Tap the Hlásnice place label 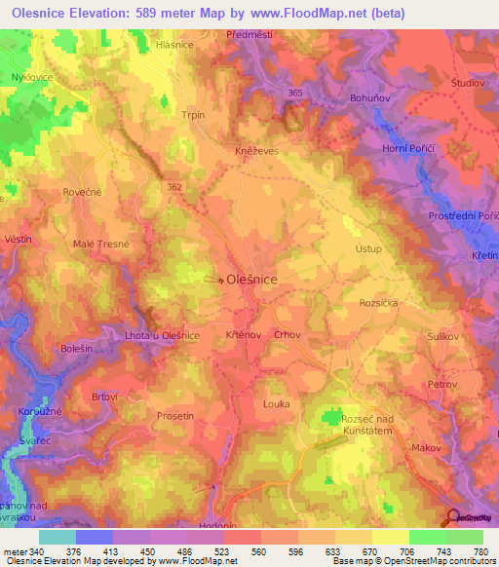pos(174,45)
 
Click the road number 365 pos(296,92)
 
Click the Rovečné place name pos(82,192)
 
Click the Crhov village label pos(286,334)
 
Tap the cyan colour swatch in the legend pos(57,537)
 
